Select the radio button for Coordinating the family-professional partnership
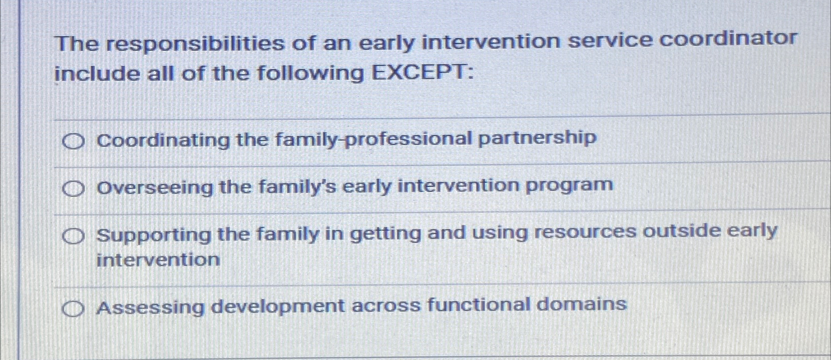(74, 142)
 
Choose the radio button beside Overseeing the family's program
(74, 189)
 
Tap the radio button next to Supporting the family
(74, 238)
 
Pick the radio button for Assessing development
(74, 310)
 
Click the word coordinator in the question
(729, 39)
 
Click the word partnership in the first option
(537, 138)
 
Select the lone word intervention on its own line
(158, 260)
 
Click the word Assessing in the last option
(150, 308)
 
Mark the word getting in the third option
(385, 234)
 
